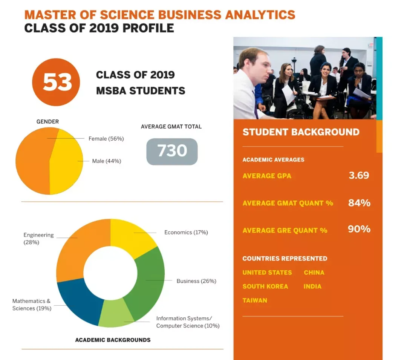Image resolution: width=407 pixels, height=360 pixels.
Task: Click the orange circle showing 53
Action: [56, 82]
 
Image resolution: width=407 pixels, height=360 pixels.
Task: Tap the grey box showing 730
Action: [172, 151]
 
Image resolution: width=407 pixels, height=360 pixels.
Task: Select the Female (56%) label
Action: [106, 139]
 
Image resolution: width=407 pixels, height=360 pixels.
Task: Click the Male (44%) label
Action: [106, 161]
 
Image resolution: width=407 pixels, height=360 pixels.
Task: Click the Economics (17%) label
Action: [186, 233]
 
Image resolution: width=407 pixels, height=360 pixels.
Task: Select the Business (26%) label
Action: [196, 281]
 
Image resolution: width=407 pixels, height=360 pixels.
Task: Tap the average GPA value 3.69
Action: [358, 175]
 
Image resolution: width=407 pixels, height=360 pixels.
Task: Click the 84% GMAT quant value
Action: [359, 203]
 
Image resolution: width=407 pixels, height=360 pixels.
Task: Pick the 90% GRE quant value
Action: [359, 229]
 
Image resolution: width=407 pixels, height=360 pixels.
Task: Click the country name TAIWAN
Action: [255, 300]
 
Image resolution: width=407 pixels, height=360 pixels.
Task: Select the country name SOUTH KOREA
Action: [265, 286]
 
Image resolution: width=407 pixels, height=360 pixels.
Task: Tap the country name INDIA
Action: [312, 286]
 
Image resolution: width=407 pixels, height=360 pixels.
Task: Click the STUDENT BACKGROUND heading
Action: [301, 132]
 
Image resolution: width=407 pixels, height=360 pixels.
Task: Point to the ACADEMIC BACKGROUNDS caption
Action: [113, 340]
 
